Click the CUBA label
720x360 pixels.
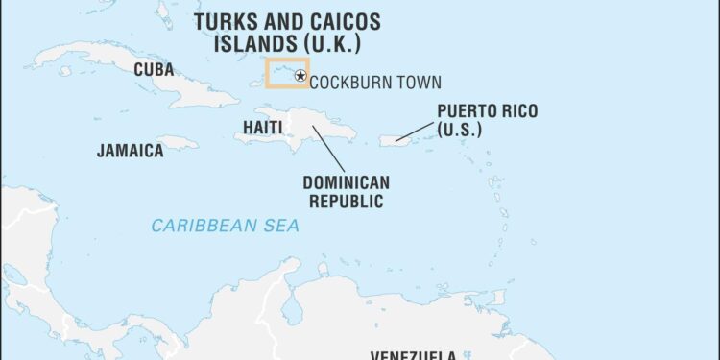point(154,69)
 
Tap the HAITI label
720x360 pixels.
point(262,127)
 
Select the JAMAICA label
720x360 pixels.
point(130,151)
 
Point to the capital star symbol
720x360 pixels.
point(300,76)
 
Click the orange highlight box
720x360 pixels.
point(286,60)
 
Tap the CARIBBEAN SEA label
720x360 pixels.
point(225,226)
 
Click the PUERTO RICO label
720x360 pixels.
point(487,111)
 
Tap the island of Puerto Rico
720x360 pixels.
point(396,140)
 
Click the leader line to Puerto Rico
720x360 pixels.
point(416,131)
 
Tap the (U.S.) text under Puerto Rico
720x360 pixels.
point(459,130)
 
